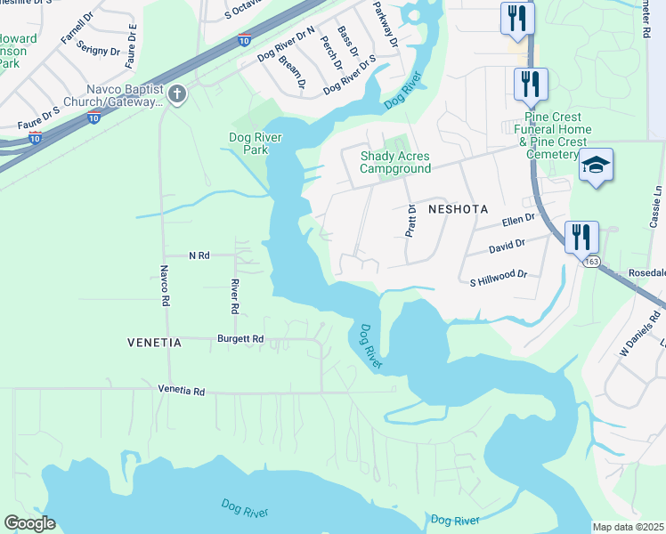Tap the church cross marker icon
177,93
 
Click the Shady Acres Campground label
394,162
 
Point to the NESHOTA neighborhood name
459,209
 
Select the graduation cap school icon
596,166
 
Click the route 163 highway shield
591,262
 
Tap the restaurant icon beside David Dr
581,237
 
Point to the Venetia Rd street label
182,391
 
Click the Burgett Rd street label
240,339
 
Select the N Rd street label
199,255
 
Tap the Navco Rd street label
165,286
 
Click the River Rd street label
235,295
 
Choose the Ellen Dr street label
518,219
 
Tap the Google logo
29,523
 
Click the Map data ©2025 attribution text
628,527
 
